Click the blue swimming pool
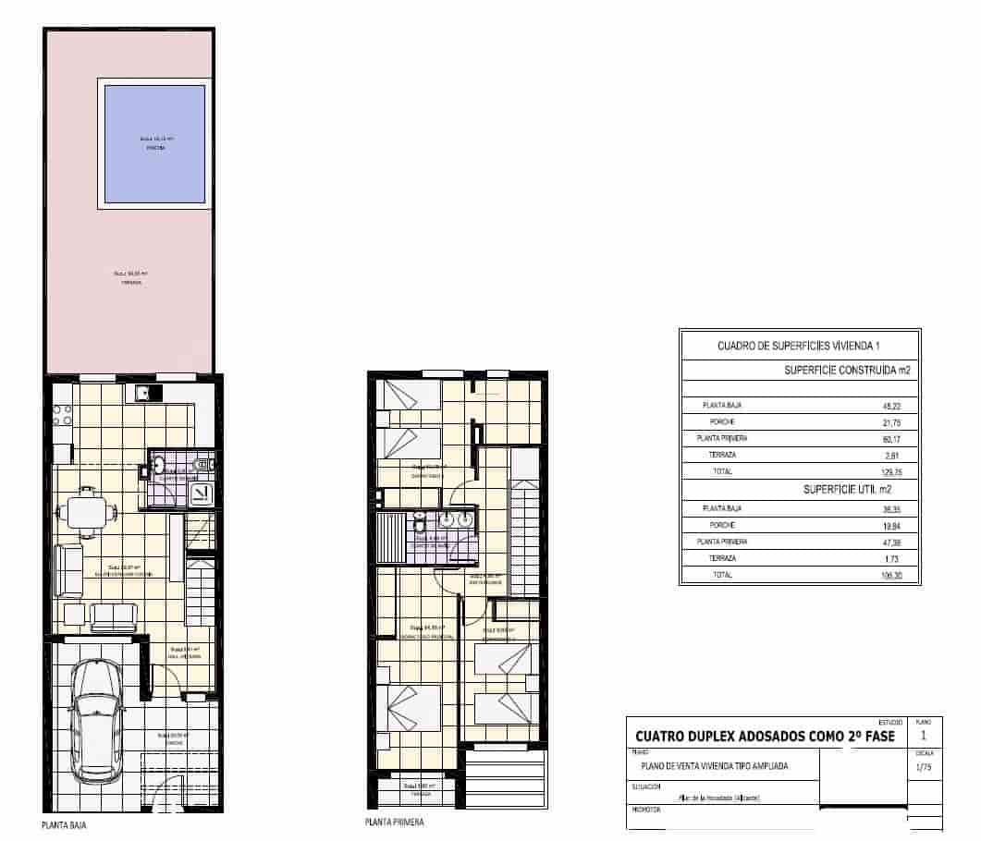154,143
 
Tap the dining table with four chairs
86,510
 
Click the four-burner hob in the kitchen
62,416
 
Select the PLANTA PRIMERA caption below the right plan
395,822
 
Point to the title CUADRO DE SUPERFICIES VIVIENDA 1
799,346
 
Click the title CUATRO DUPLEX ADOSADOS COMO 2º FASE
764,737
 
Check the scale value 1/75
923,767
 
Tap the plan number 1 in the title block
924,736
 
